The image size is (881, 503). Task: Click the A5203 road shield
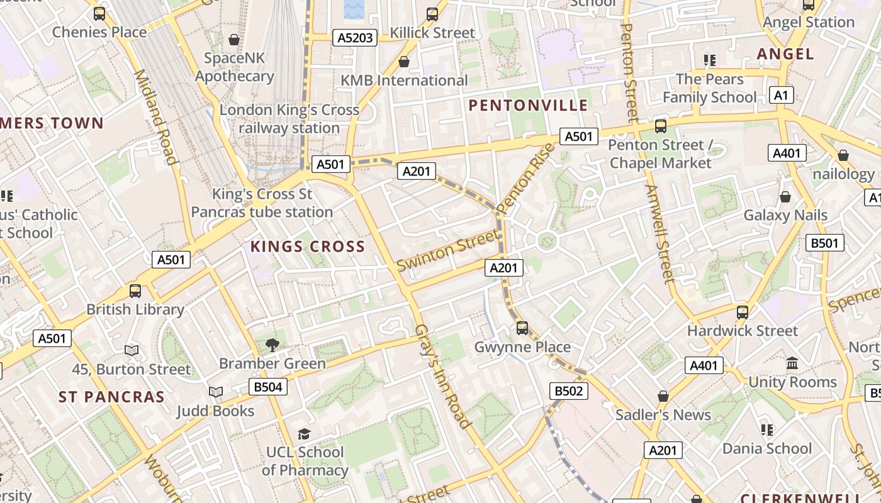coord(355,38)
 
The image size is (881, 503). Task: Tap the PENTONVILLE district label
coord(529,105)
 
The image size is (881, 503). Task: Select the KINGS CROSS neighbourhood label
coord(308,246)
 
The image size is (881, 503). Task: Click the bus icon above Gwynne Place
coord(522,328)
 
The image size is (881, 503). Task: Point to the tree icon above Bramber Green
coord(272,344)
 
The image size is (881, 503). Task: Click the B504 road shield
coord(268,387)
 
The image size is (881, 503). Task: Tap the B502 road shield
coord(569,391)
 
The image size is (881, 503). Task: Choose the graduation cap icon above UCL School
coord(305,434)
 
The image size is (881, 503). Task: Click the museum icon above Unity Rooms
coord(792,363)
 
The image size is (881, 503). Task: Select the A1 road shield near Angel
coord(781,96)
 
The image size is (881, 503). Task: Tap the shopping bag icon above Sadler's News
coord(663,396)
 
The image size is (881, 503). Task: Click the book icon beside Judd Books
coord(216,392)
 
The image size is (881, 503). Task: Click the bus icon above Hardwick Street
coord(743,311)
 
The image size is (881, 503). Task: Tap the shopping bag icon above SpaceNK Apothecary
coord(234,40)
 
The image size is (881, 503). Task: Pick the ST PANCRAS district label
coord(111,397)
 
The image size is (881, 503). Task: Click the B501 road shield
coord(824,243)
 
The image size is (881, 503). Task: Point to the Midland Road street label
coord(154,117)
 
